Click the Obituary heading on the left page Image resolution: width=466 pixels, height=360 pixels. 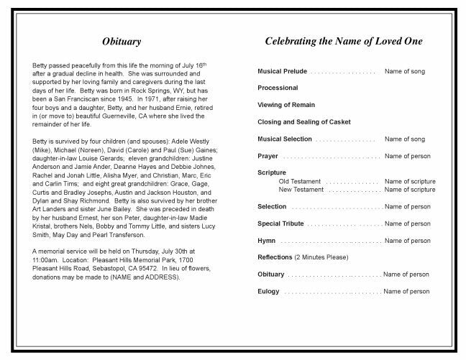121,42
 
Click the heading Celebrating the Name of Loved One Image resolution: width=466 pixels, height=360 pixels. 344,42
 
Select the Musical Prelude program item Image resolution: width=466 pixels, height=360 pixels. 282,72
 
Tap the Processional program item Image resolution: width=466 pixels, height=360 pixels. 278,88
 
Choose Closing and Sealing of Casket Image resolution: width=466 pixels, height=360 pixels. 303,122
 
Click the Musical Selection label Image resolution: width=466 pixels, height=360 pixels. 285,139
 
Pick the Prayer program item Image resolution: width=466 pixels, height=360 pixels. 268,156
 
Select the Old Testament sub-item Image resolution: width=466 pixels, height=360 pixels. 300,182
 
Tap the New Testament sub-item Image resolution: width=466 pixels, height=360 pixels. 301,190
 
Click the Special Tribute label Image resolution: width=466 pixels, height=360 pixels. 280,223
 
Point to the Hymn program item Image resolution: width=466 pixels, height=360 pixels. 266,241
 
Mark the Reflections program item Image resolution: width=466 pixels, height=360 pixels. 275,257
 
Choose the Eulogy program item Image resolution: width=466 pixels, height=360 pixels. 268,291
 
